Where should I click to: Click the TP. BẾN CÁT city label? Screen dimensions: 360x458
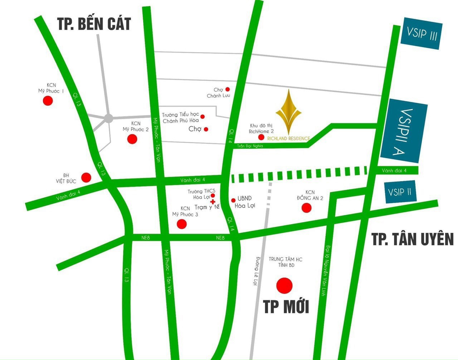point(94,24)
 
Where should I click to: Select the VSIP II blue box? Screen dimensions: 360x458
point(400,192)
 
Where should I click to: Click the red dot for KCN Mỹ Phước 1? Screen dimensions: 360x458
point(48,101)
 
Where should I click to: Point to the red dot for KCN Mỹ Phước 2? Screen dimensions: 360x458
point(132,139)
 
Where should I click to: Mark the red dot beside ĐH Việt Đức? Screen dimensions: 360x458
point(86,177)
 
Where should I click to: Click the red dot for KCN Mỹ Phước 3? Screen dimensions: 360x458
point(182,224)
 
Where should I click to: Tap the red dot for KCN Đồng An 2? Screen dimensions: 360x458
point(307,208)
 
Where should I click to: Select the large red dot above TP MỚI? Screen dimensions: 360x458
point(284,285)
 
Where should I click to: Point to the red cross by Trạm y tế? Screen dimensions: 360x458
point(213,202)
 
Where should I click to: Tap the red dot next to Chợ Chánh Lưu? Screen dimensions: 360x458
point(228,89)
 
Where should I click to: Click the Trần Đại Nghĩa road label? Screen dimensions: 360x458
point(250,146)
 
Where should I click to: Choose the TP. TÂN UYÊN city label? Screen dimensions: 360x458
point(413,239)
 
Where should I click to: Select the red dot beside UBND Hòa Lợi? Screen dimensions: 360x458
point(233,200)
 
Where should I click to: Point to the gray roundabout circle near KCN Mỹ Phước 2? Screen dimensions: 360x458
point(109,118)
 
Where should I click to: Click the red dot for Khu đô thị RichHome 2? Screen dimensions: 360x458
point(262,137)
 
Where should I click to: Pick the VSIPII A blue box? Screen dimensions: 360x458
point(404,131)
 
